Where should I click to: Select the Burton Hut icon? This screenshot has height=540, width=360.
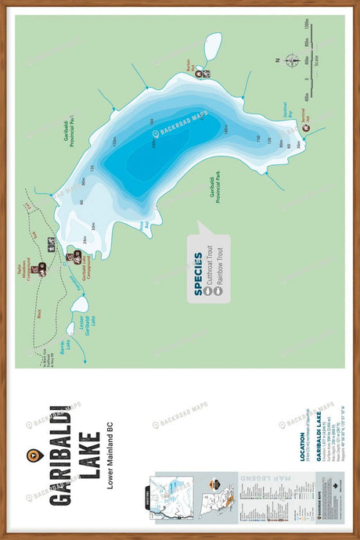198,73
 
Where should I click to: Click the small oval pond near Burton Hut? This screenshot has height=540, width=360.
211,47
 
